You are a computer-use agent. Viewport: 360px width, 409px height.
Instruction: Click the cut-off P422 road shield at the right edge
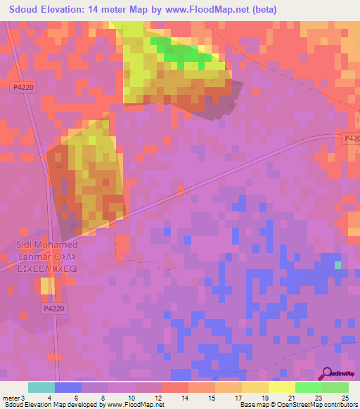(353, 138)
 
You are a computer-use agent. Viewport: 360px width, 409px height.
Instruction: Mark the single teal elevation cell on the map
(338, 265)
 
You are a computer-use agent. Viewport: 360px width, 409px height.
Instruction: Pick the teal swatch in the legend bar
(41, 387)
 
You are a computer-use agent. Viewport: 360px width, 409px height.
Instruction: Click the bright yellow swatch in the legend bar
(281, 387)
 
